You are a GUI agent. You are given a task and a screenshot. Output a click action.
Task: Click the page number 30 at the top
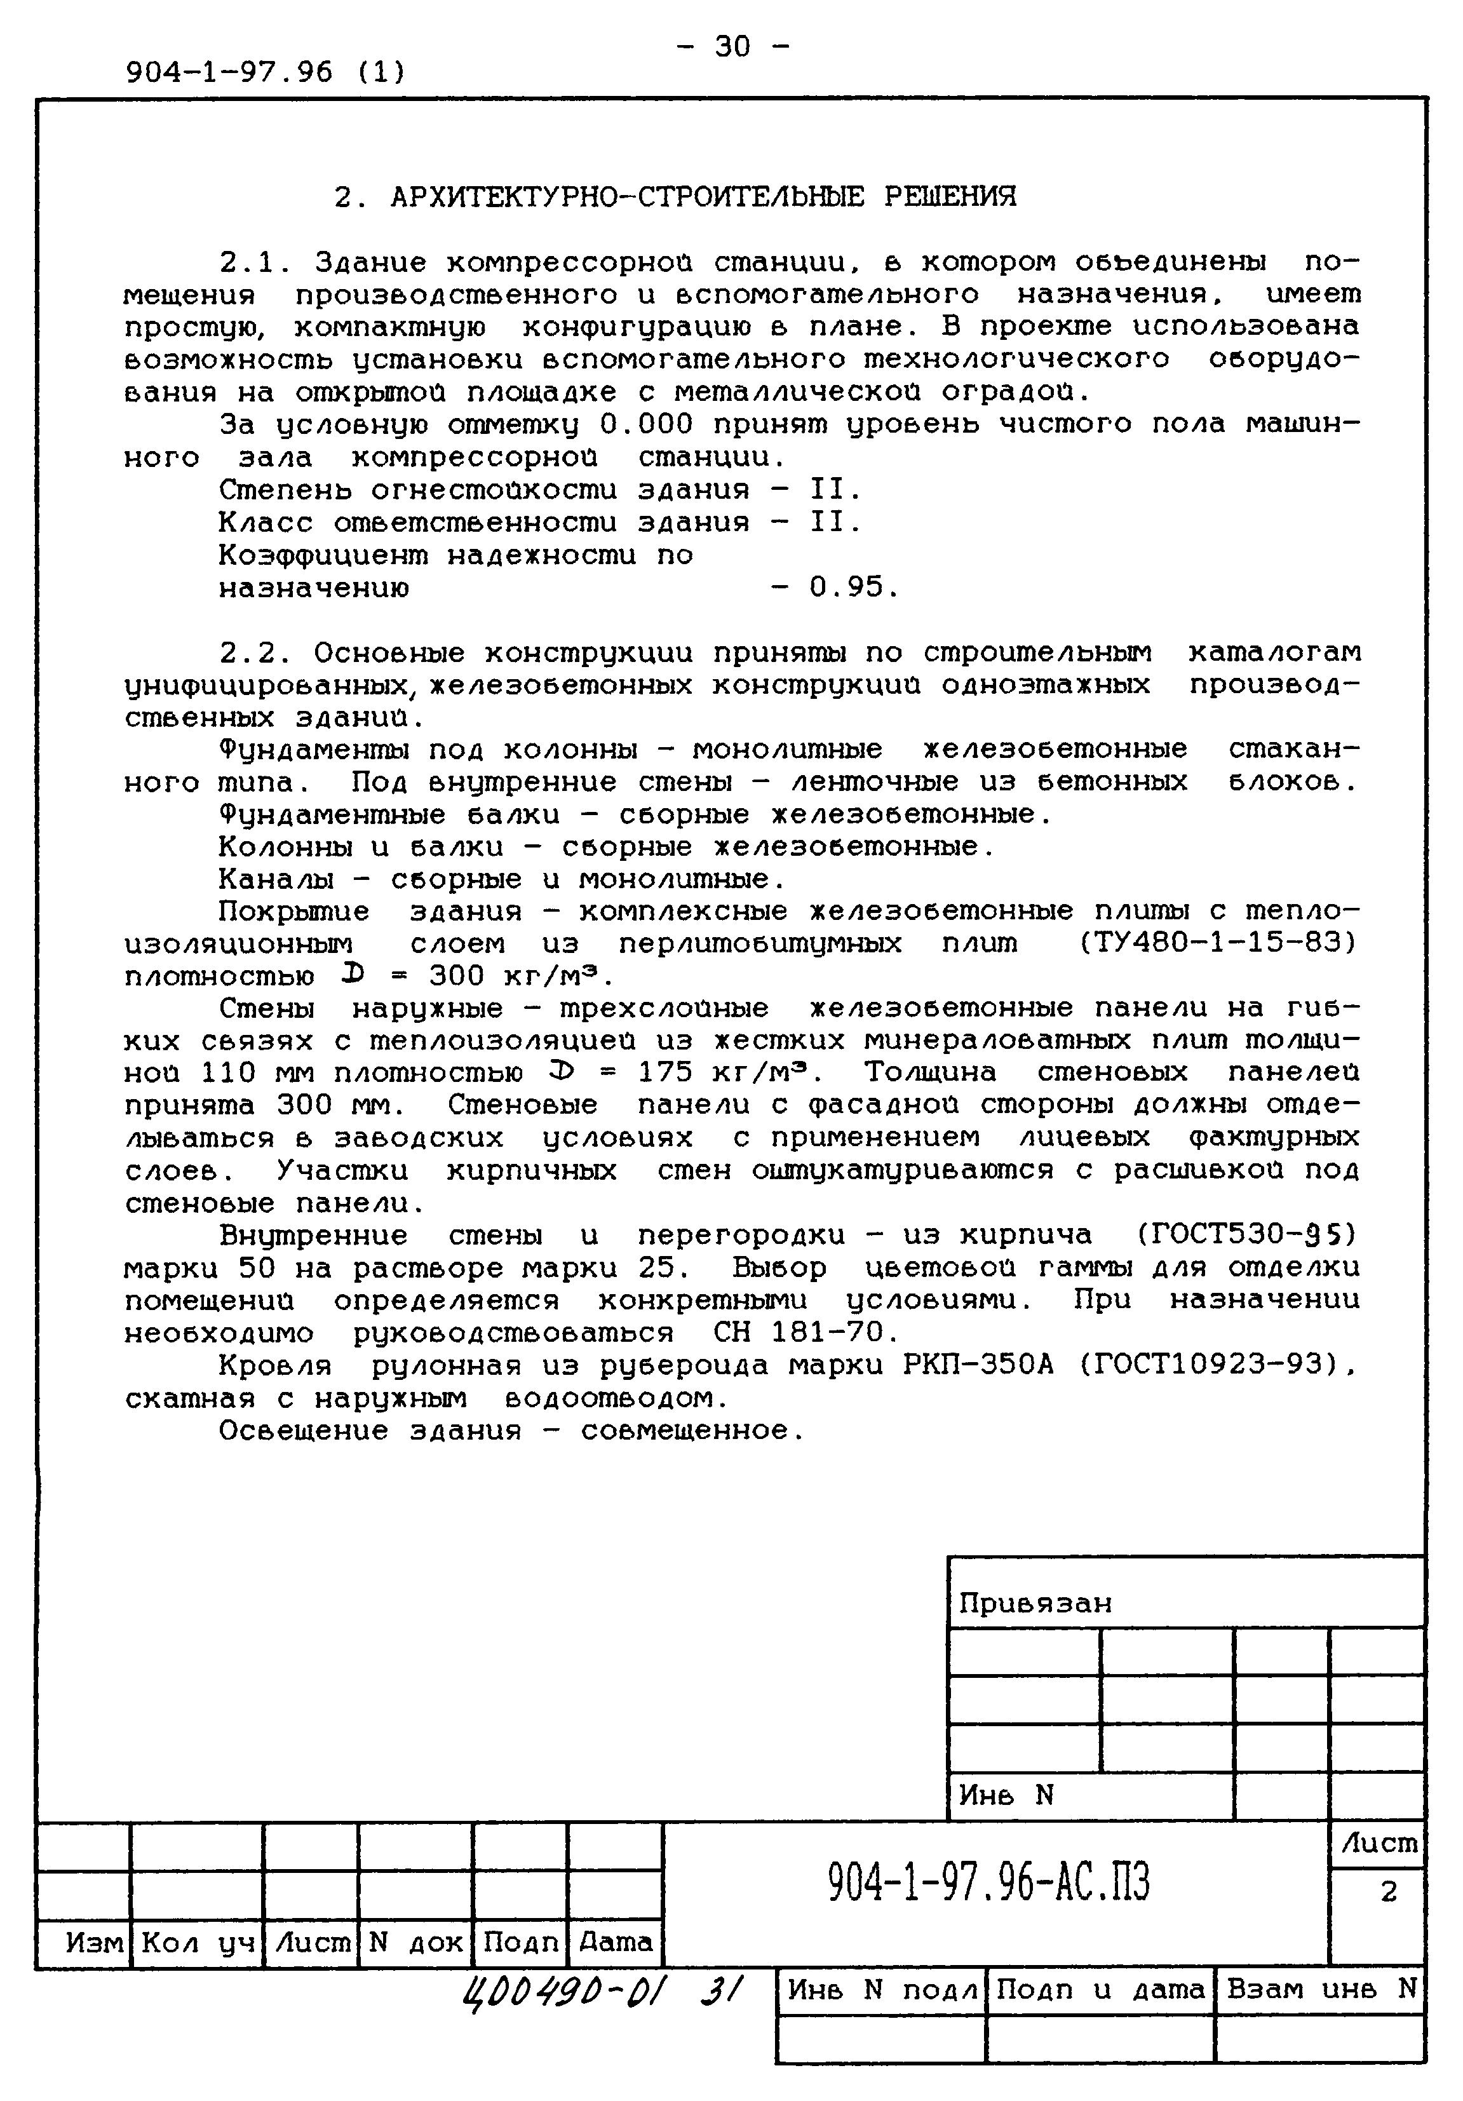tap(731, 46)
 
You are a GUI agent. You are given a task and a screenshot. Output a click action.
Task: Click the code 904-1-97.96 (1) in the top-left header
tap(266, 71)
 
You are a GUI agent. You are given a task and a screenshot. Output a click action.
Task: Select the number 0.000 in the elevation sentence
tap(647, 424)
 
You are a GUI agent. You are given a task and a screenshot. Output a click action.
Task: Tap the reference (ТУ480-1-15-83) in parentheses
tap(1218, 943)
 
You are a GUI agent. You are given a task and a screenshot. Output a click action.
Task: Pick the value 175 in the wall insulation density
tap(664, 1072)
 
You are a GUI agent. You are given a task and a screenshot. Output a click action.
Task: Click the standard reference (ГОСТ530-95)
tap(1247, 1235)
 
